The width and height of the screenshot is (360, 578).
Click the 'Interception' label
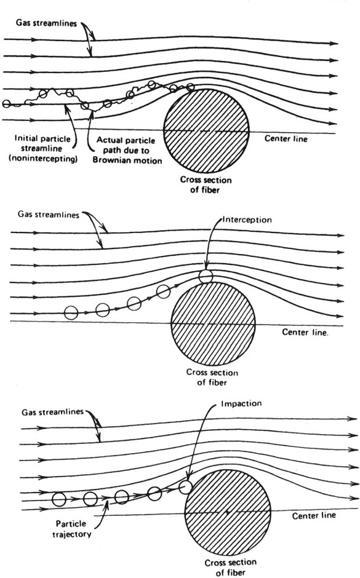pos(247,220)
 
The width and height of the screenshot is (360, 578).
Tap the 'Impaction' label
pos(241,403)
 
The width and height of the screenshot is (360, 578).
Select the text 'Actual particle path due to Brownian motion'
pos(127,151)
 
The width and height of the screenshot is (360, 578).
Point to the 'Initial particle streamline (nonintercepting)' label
pos(43,149)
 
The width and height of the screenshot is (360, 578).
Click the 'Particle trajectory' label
pos(71,529)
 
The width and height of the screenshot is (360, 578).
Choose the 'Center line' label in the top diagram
pos(286,138)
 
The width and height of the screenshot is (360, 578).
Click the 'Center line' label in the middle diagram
pos(305,332)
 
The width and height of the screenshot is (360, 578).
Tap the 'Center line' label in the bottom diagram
pos(314,515)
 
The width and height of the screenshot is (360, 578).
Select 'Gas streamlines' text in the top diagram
pos(46,23)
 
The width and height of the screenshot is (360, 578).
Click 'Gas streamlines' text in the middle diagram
pos(49,214)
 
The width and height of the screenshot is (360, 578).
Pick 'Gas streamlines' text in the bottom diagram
pos(52,412)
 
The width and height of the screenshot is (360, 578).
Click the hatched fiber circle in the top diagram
pos(206,131)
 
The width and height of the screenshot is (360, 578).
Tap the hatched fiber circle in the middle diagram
pos(213,323)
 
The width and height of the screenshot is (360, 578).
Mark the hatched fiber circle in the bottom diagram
pos(228,512)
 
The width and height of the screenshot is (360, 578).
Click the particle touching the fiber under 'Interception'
pos(206,276)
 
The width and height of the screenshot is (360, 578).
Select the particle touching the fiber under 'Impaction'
pos(185,487)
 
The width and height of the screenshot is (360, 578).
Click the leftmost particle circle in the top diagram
pos(6,104)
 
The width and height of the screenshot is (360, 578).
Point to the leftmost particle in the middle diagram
pos(71,313)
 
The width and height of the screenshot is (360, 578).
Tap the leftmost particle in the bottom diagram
pos(59,499)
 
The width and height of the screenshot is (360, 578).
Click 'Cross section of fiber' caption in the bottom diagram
pos(230,568)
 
